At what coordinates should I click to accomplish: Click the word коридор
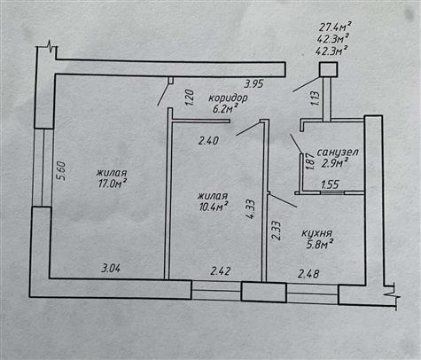click(228, 98)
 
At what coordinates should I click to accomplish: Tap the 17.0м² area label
click(113, 184)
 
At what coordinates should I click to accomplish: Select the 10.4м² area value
click(214, 207)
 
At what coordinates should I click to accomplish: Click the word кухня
click(317, 233)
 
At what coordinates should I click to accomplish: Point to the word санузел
click(338, 153)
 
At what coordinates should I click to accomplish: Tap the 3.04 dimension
click(111, 269)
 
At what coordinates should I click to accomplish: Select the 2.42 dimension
click(221, 271)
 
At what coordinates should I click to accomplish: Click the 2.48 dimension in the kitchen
click(308, 274)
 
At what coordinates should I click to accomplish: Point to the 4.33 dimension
click(251, 209)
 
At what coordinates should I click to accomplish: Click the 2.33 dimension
click(276, 231)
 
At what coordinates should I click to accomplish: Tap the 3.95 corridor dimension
click(253, 84)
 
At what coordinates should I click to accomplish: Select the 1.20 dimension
click(190, 98)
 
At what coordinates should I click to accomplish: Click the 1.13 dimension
click(316, 99)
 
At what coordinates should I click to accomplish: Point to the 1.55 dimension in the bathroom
click(330, 185)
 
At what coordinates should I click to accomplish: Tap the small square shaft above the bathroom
click(329, 70)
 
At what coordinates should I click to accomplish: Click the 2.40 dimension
click(208, 140)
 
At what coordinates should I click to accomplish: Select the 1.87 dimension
click(309, 161)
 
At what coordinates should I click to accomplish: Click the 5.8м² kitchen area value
click(320, 245)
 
